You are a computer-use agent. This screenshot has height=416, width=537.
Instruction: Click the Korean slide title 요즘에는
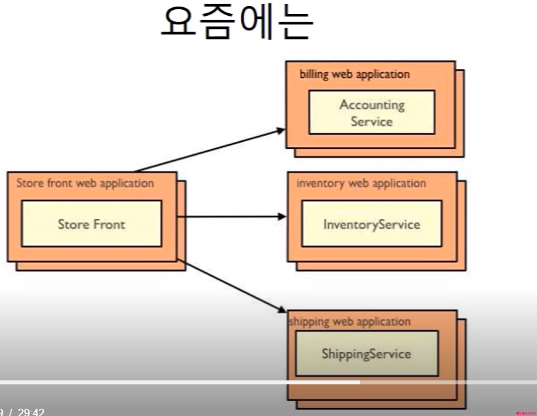236,25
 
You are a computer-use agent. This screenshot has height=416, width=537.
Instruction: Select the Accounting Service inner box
371,112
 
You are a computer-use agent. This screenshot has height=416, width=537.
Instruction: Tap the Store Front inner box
91,223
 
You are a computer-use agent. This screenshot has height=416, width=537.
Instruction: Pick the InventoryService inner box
371,224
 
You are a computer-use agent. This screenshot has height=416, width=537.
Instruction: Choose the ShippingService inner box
366,354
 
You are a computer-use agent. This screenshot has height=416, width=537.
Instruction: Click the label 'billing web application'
355,74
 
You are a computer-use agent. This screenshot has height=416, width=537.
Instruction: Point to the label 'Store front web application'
85,183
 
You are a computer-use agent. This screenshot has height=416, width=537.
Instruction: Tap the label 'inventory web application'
361,183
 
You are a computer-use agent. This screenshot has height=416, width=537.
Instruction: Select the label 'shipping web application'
350,322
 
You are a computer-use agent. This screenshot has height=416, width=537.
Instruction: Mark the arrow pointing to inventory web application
231,216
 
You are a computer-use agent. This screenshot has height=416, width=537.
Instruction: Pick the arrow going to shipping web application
231,285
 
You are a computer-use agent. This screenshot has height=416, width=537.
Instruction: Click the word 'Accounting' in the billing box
372,104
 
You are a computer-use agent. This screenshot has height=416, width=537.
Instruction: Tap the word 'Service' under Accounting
372,121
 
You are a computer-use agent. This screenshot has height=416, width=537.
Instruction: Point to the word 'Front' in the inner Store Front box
108,224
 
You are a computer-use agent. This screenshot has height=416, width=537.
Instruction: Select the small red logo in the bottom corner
526,412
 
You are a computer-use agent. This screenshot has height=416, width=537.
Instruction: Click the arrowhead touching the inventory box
282,216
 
